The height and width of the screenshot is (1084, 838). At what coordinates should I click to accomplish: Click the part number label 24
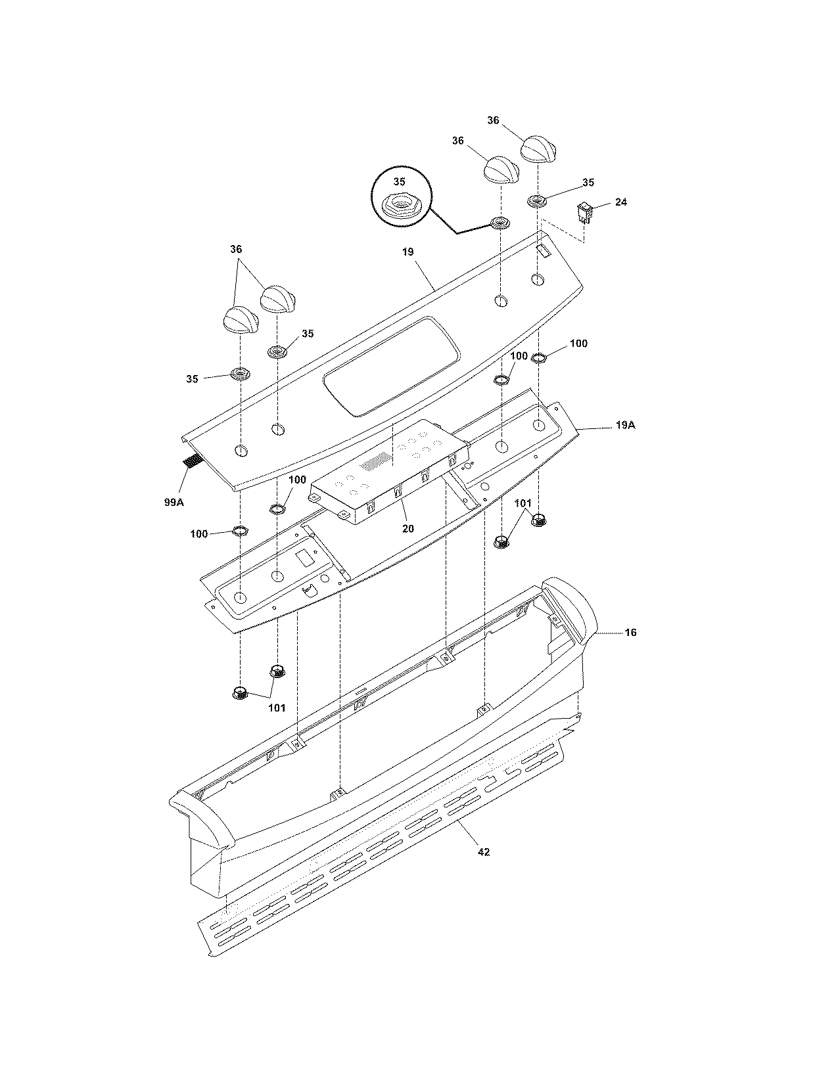coord(620,202)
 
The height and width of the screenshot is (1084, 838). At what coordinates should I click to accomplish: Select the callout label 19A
coord(625,426)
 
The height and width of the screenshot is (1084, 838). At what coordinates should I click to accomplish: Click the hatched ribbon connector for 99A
coord(191,462)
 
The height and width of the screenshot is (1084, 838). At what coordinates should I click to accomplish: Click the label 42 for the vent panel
coord(483,852)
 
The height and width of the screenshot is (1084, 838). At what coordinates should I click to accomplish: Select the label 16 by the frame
coord(630,633)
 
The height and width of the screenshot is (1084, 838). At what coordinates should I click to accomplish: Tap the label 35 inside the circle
coord(399,182)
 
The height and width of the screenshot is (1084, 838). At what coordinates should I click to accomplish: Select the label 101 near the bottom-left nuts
coord(276,708)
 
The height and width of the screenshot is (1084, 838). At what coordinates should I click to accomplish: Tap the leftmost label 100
coord(198,534)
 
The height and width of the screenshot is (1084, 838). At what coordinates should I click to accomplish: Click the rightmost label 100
coord(578,344)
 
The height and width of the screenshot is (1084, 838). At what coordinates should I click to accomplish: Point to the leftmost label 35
coord(192,379)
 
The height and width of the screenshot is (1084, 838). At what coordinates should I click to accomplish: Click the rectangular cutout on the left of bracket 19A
coord(304,560)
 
